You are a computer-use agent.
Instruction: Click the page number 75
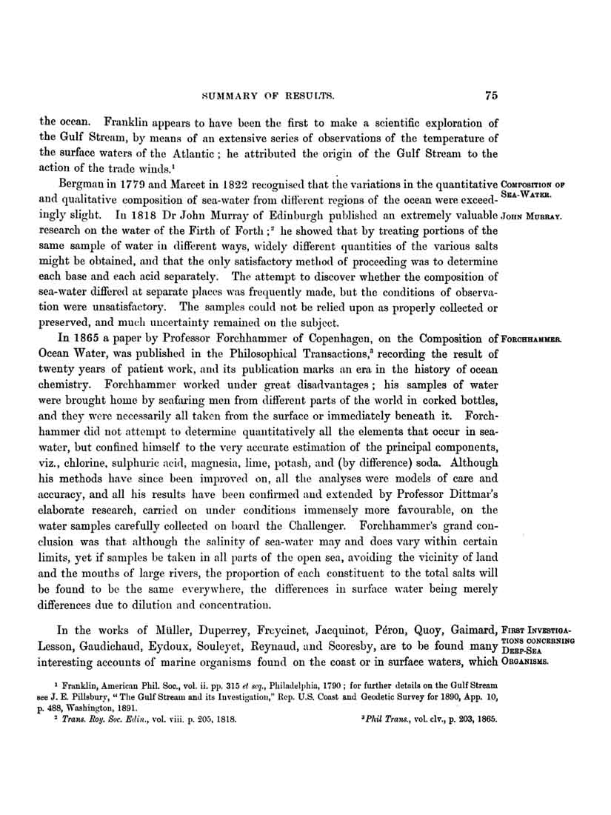point(490,95)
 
